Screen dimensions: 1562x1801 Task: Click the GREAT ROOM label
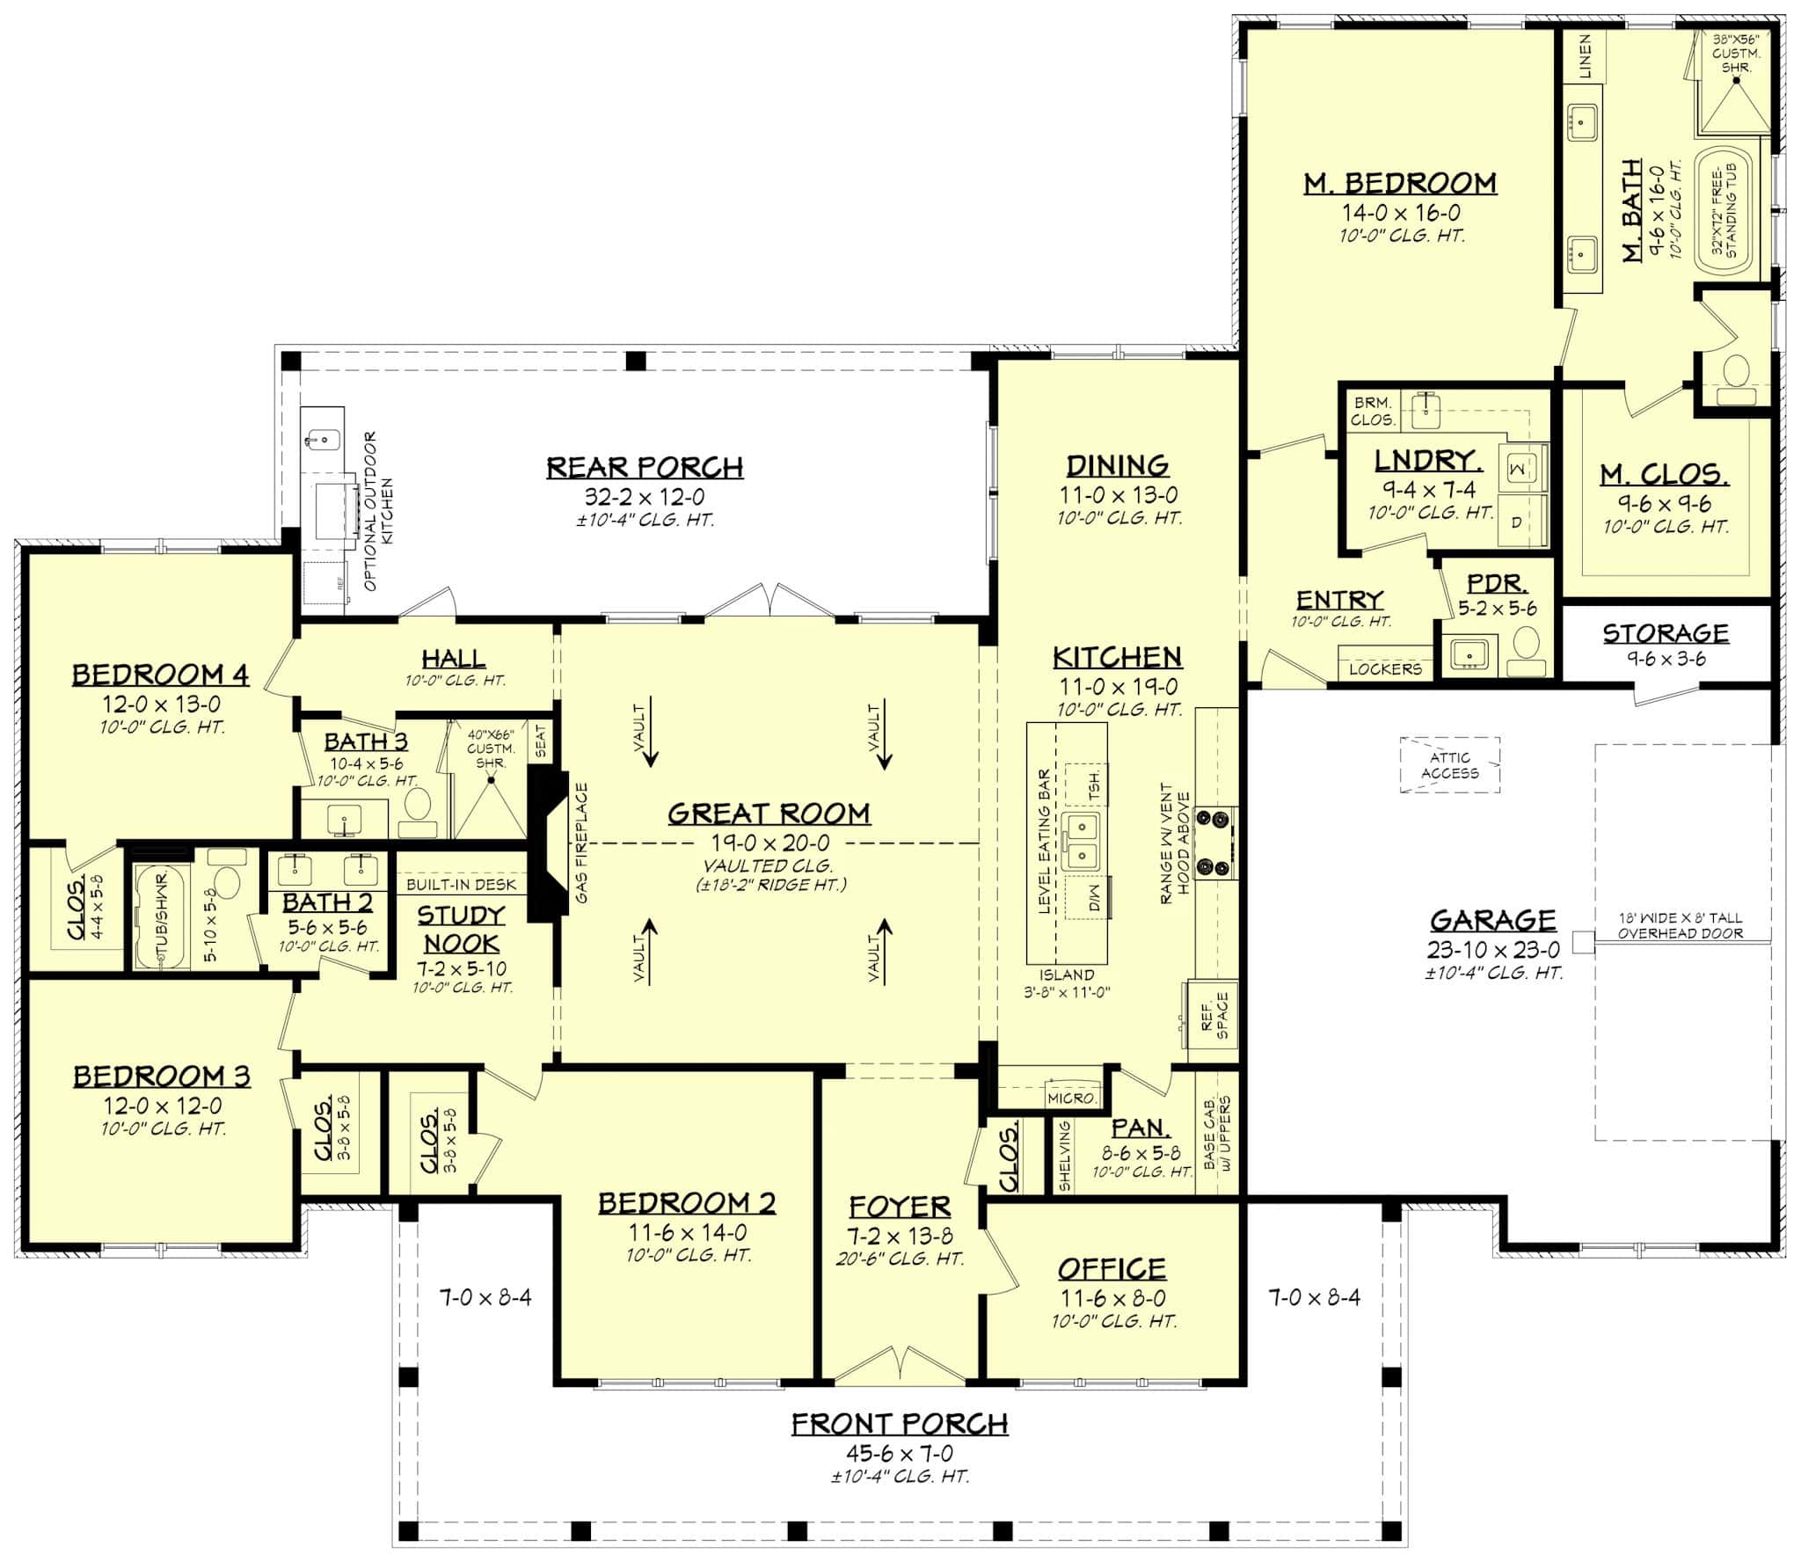(x=769, y=814)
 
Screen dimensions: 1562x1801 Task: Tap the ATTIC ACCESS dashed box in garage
(x=1449, y=765)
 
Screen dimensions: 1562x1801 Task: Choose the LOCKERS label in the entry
(x=1385, y=668)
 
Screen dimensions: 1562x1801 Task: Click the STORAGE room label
(x=1665, y=633)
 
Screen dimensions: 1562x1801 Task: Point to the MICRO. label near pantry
(x=1072, y=1099)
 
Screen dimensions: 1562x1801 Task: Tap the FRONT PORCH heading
(x=899, y=1424)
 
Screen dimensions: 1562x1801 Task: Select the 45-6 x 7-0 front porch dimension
(x=899, y=1453)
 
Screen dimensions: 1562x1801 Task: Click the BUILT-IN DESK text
(x=462, y=885)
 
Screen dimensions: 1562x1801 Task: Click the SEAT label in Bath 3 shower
(x=540, y=741)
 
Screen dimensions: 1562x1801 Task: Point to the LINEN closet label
(x=1584, y=56)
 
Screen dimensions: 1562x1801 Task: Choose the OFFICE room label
(x=1112, y=1268)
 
